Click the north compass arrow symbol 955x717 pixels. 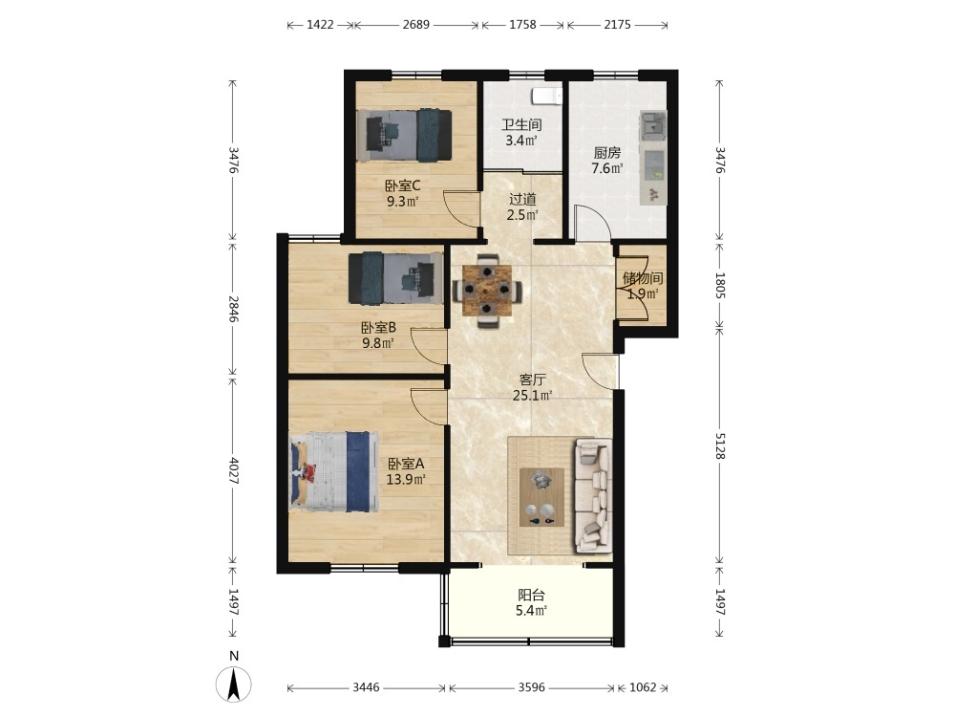234,684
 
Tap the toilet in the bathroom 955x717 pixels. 546,96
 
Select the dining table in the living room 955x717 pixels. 486,291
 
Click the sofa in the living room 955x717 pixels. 593,495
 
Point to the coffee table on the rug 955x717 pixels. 541,497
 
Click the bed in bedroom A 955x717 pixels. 333,471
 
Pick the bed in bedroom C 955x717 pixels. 404,136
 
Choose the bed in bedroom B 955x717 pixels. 396,278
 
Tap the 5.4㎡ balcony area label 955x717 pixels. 531,611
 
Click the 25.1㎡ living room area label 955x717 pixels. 532,396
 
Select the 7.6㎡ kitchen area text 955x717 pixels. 607,168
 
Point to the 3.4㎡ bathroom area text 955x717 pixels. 521,141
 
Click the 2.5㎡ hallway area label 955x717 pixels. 522,214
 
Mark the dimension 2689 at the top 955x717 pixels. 416,25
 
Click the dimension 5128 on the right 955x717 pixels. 720,446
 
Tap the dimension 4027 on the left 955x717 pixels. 233,470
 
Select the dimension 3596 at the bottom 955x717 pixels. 532,687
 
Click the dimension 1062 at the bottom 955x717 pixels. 643,687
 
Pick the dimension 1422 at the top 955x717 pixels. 320,25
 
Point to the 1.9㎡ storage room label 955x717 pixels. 643,293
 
